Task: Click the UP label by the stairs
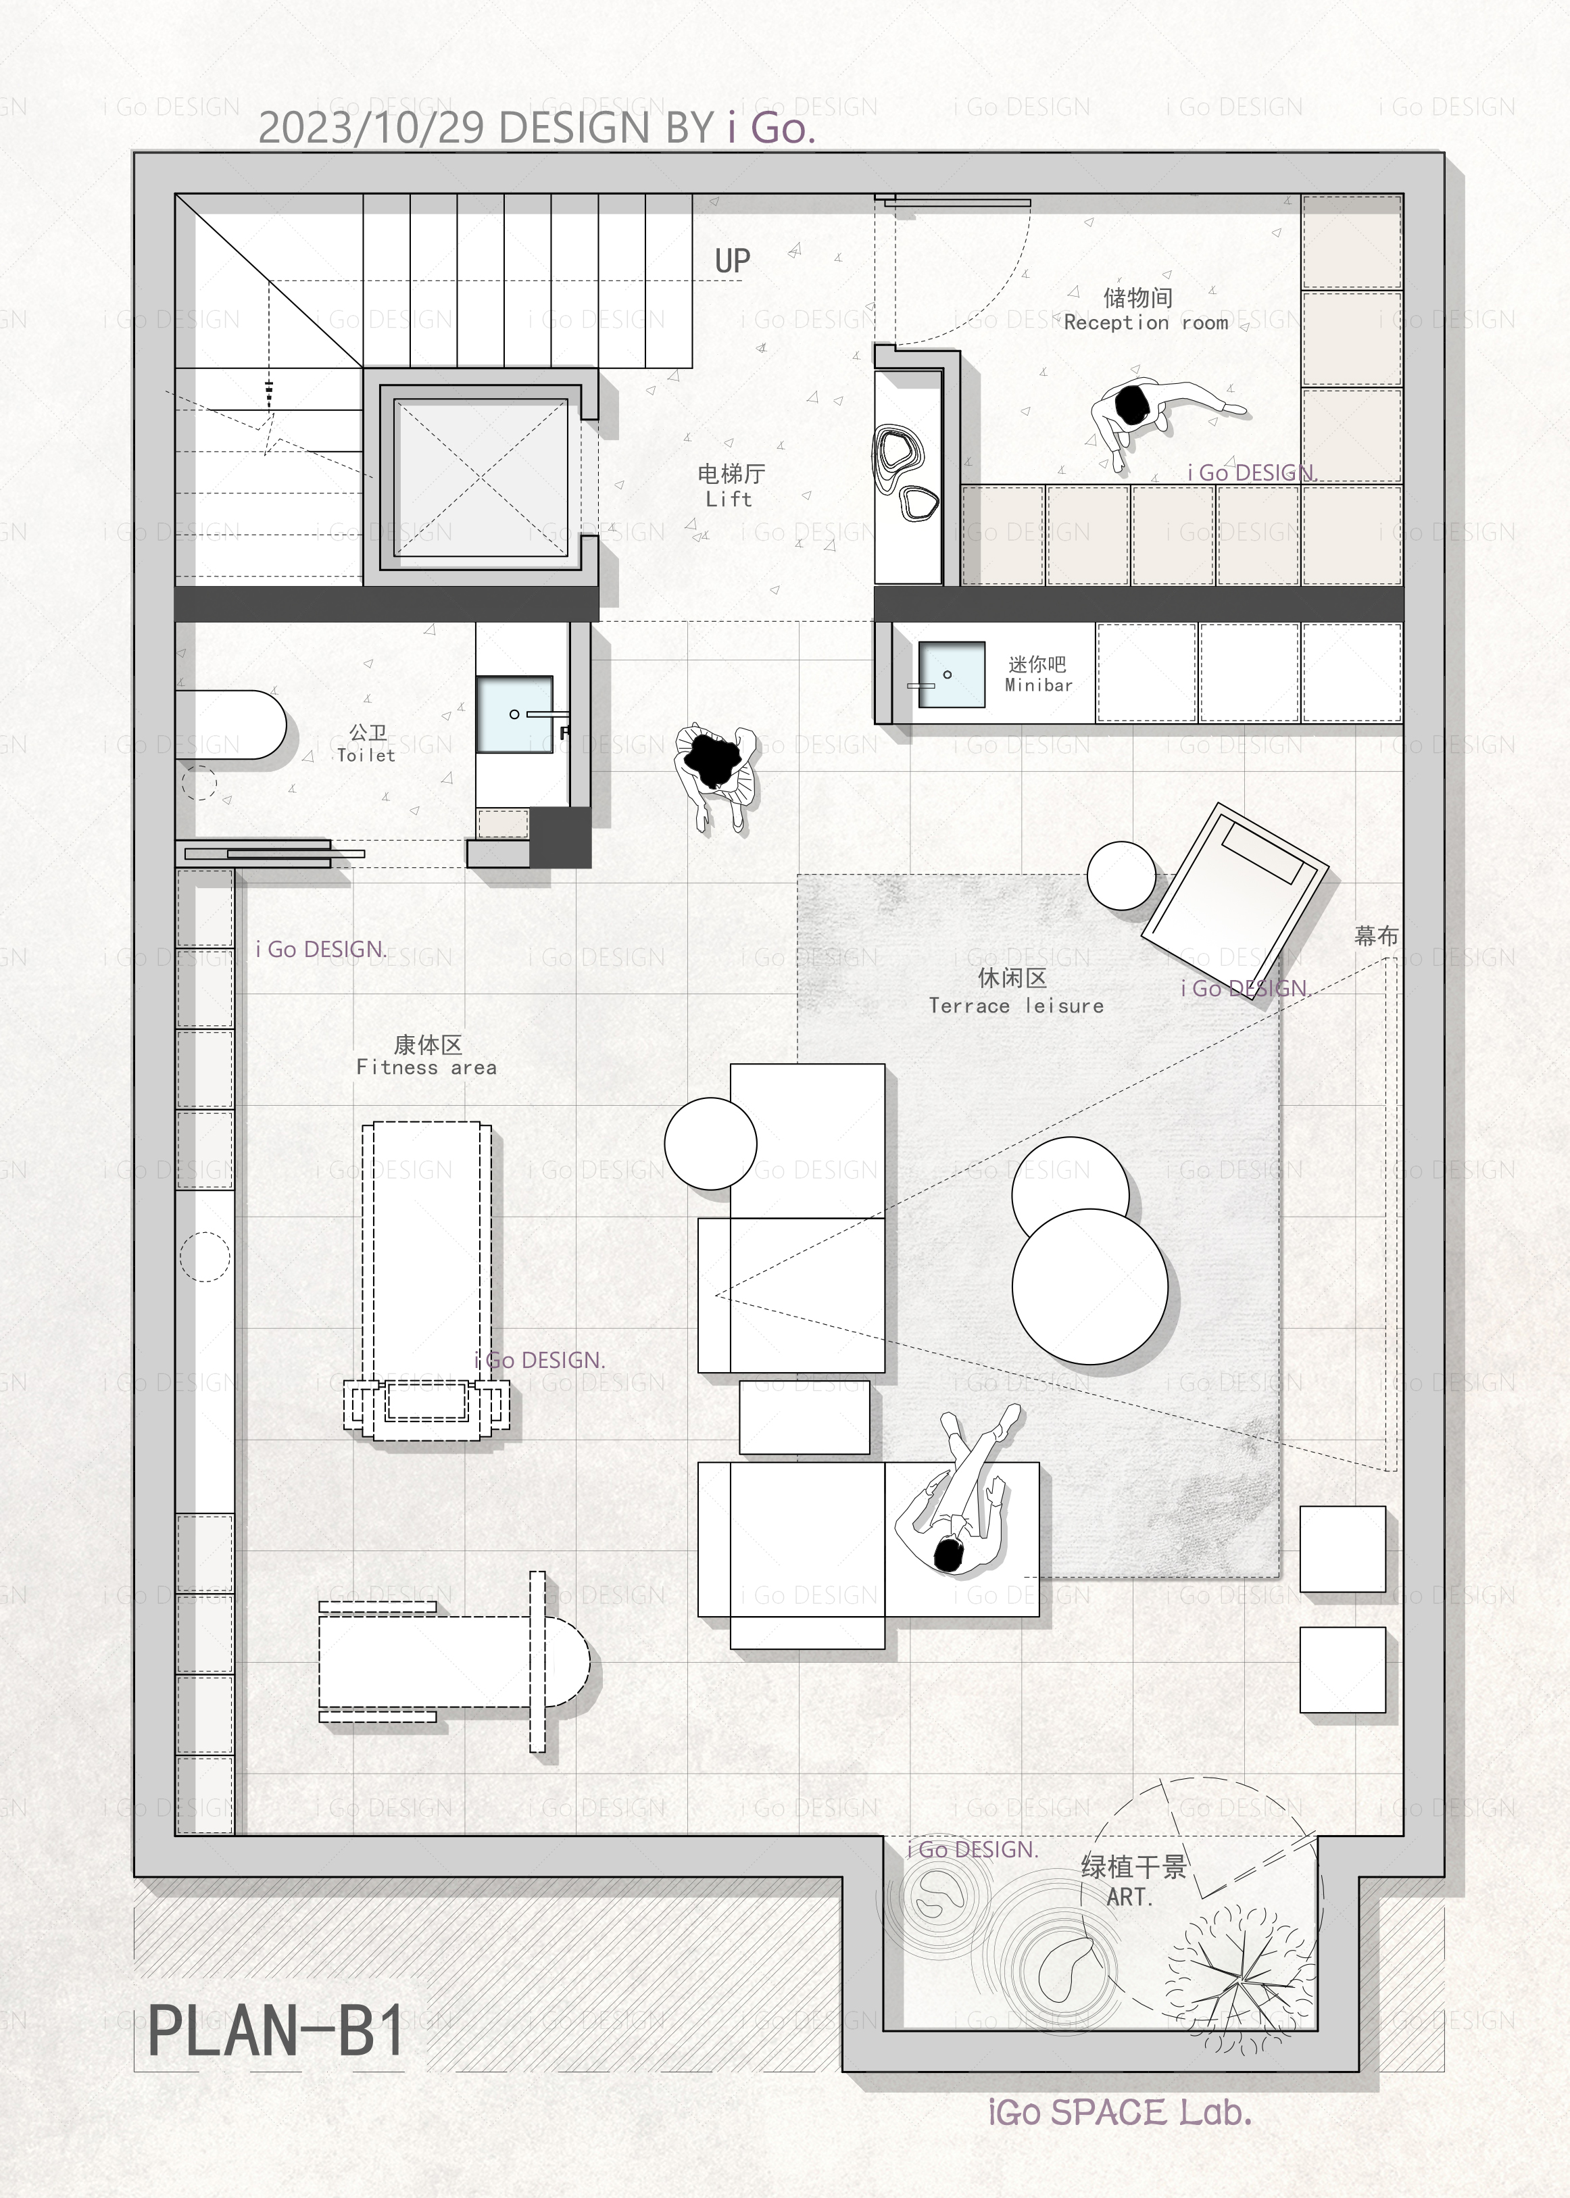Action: click(x=732, y=260)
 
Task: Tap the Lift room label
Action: click(x=730, y=486)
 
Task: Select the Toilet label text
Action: click(x=366, y=744)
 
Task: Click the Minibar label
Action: click(x=1038, y=674)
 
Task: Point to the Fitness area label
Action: click(x=426, y=1056)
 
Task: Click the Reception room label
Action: click(x=1146, y=310)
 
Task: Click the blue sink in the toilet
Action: click(x=514, y=714)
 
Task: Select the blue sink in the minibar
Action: click(x=952, y=675)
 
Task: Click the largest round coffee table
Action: click(x=1089, y=1286)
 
